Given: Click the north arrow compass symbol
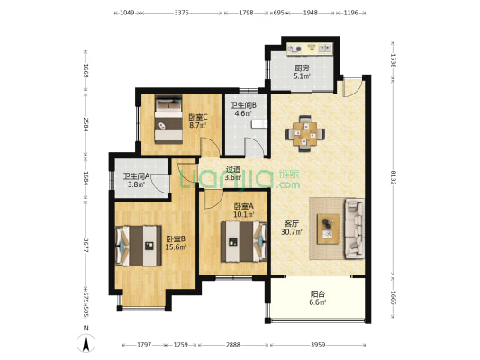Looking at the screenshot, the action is coord(86,343).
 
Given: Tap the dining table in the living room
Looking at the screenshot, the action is coord(305,134).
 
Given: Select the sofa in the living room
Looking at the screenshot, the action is coord(355,228).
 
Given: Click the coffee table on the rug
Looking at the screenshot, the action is coord(328,229).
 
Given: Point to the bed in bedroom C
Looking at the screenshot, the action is coord(168,119).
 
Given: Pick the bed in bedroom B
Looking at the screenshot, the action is coord(139,246).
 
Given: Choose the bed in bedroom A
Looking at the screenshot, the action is coord(244,241).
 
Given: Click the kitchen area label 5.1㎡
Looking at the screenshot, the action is coord(303,76).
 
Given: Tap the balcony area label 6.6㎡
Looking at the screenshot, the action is coord(318,302).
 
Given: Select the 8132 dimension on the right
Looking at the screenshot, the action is coord(393,182).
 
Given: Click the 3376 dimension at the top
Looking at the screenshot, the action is coord(181,13).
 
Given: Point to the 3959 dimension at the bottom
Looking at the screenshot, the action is coord(318,345).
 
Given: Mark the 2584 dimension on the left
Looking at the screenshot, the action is coord(86,124).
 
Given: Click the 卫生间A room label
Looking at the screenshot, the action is coord(137,176).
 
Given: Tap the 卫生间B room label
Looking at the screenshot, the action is coord(243,105).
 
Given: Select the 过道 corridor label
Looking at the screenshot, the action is coord(232,169).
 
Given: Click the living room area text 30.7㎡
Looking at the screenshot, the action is coord(292,232).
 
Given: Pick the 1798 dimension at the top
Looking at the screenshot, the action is coord(246,13).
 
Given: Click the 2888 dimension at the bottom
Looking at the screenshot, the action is coord(233,345).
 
